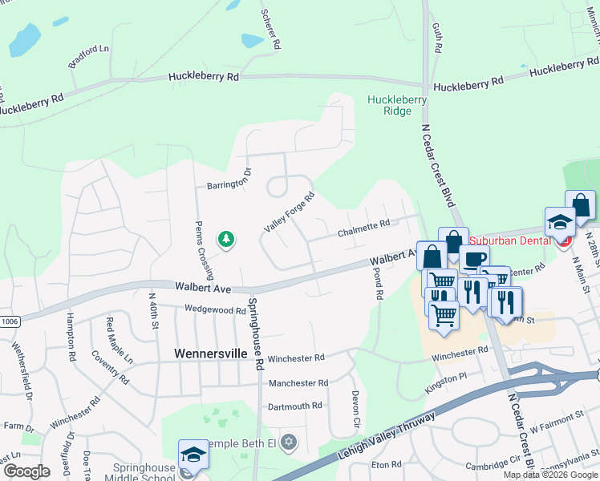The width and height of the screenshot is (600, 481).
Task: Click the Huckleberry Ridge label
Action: click(x=396, y=105)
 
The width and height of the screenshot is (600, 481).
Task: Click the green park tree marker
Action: click(x=226, y=239)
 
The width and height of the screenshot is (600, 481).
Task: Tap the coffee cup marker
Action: click(x=474, y=259)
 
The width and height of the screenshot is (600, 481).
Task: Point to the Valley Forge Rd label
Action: click(x=288, y=213)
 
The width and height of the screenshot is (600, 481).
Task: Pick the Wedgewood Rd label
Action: click(x=214, y=309)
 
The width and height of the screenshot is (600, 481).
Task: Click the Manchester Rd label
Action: click(x=298, y=383)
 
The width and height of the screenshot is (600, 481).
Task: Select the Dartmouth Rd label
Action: click(x=294, y=406)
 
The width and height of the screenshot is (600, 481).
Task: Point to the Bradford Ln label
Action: click(x=88, y=56)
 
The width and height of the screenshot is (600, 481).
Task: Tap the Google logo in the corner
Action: click(x=26, y=471)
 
